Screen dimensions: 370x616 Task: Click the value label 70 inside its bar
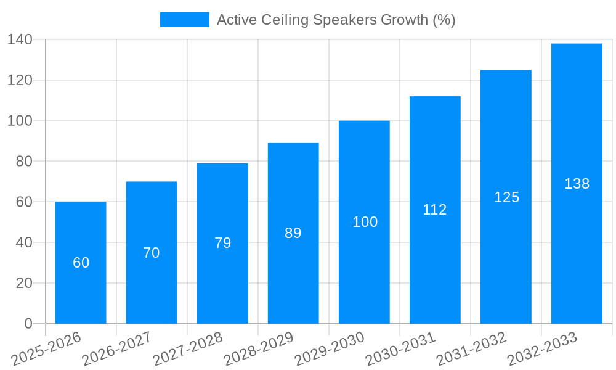pos(152,253)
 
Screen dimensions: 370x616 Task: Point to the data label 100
pos(365,222)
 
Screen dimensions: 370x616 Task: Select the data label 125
pos(506,197)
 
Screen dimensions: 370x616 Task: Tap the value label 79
pos(222,243)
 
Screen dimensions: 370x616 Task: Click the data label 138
pos(577,184)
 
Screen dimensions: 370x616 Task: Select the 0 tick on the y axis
pos(28,324)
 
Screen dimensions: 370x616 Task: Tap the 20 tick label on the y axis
pos(24,283)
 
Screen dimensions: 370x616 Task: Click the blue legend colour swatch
pos(184,20)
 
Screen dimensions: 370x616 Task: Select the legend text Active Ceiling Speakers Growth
pos(336,20)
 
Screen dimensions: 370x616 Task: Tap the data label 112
pos(435,210)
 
